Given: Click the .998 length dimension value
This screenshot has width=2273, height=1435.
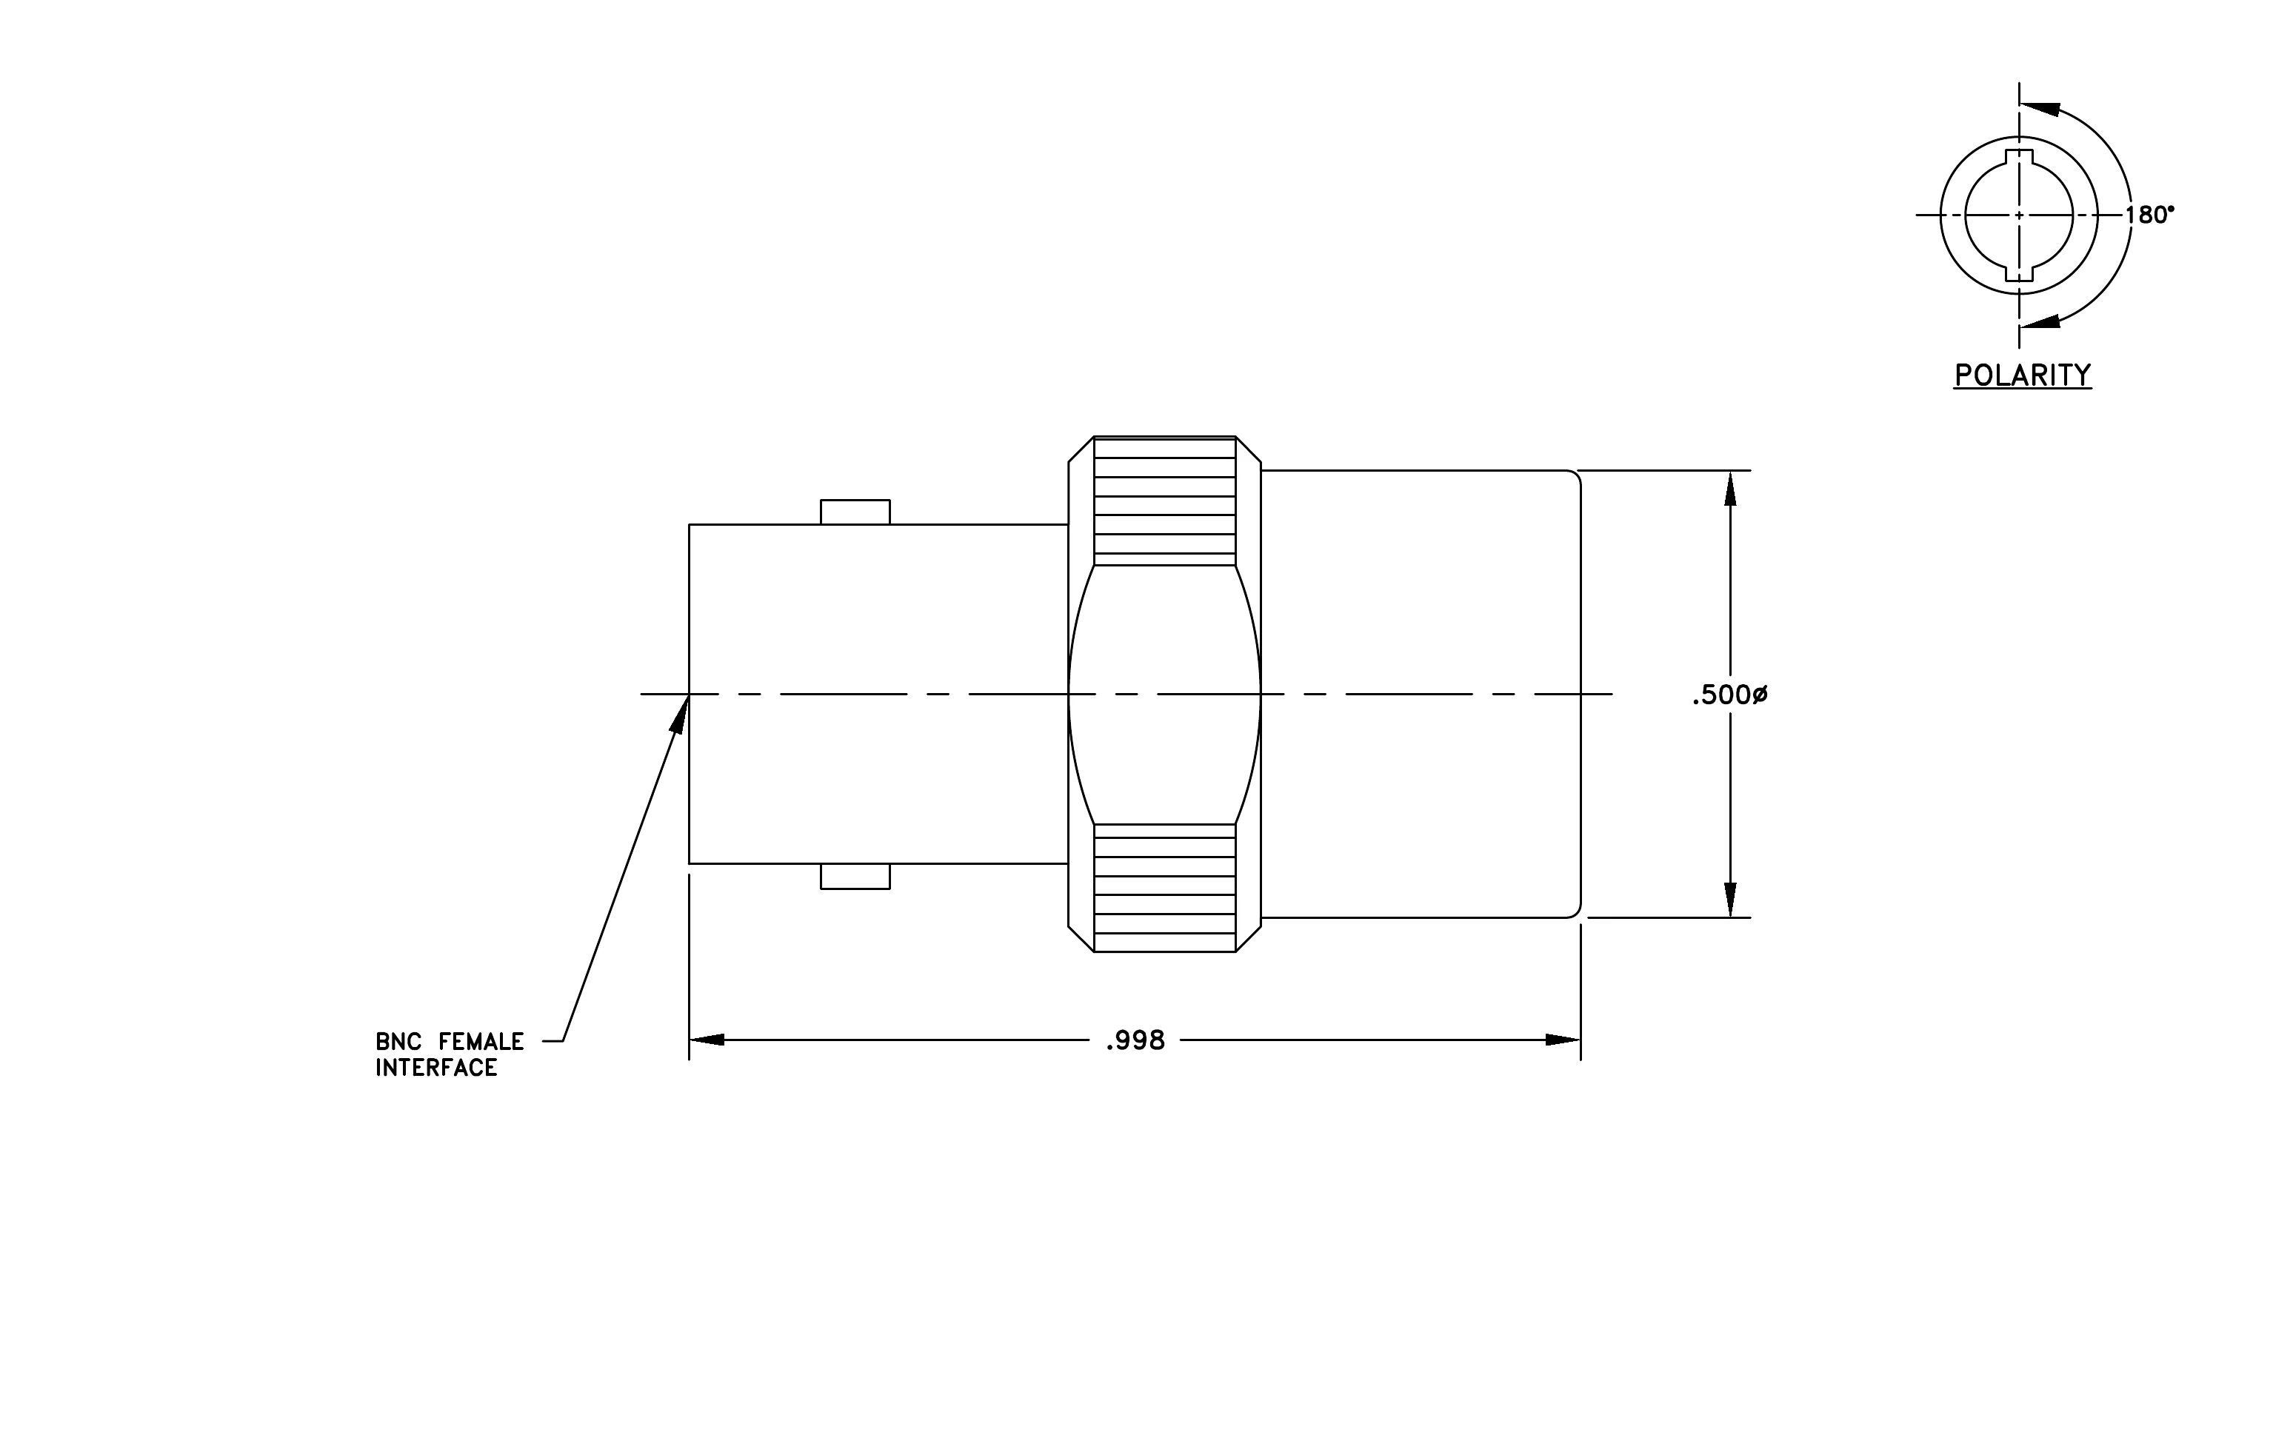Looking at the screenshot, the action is click(x=1135, y=1040).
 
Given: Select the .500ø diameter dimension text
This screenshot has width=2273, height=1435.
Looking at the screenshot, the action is click(x=1729, y=695).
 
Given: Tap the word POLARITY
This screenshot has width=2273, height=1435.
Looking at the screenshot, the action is click(x=2023, y=375).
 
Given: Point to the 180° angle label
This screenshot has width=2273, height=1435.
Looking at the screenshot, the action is click(x=2149, y=215).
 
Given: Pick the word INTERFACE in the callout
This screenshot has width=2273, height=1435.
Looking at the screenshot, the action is click(x=436, y=1068).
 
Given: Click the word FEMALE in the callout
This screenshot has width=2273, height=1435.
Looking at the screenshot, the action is click(x=481, y=1042).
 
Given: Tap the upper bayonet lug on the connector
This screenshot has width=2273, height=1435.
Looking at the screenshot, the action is click(x=855, y=512).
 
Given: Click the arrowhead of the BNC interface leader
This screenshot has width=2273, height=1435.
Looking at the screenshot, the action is click(x=680, y=713).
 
